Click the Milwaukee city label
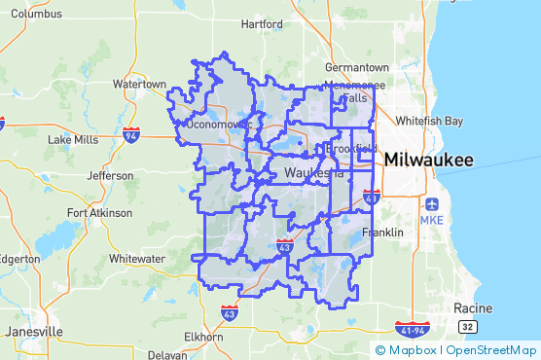click(429, 160)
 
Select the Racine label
click(473, 308)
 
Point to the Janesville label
click(34, 332)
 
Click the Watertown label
click(139, 85)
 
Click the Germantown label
click(357, 68)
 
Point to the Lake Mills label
click(72, 140)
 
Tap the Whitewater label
click(137, 259)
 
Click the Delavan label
click(167, 355)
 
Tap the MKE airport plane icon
click(432, 205)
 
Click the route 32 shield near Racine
click(468, 327)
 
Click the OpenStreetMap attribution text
click(491, 350)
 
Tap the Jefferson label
click(110, 176)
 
